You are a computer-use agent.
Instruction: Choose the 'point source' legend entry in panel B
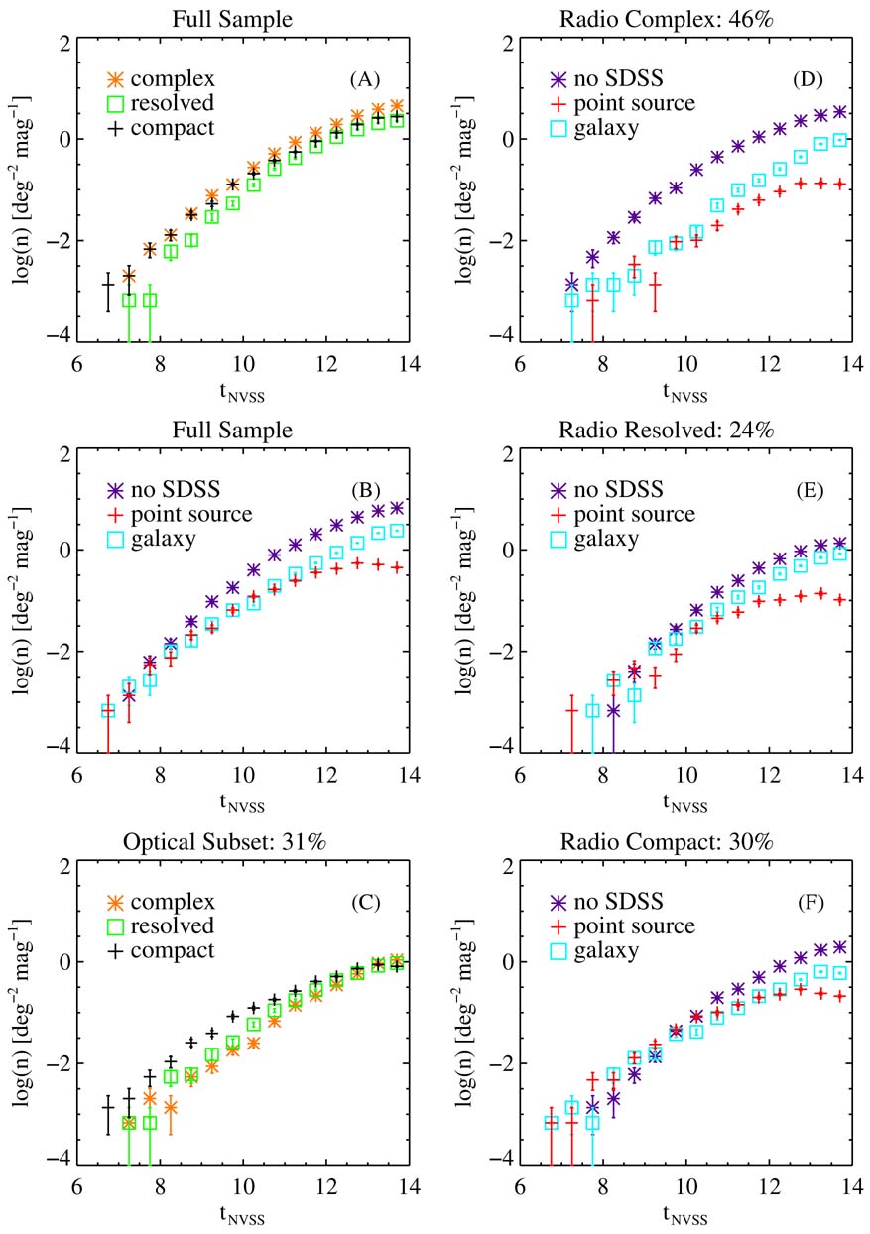[x=182, y=514]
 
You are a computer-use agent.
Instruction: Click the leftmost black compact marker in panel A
[x=108, y=286]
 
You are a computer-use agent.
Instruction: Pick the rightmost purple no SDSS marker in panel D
[x=839, y=112]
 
